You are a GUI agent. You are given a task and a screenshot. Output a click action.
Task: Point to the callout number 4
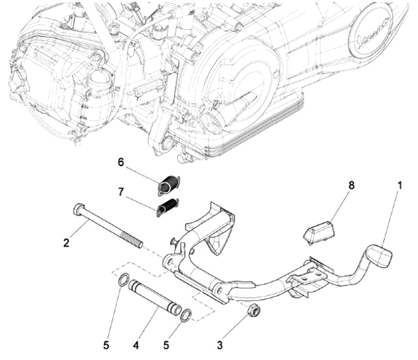pos(135,345)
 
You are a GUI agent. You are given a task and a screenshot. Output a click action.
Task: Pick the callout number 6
pos(121,163)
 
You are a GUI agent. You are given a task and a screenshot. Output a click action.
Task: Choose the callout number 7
pos(121,192)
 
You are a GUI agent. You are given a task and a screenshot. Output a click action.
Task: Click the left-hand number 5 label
pos(106,345)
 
